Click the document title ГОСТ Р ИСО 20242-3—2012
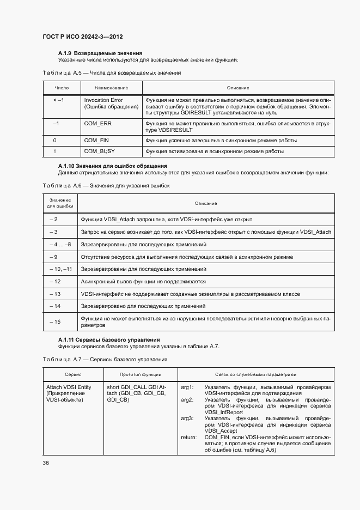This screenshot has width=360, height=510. tap(82, 37)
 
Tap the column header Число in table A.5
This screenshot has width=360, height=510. tap(62, 88)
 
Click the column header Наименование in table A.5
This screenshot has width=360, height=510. tap(111, 88)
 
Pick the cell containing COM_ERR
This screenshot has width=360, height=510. tap(97, 124)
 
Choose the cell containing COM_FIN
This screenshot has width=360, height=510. tap(97, 140)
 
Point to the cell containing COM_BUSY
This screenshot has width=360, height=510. tap(99, 151)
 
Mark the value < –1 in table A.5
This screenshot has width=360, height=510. tap(58, 100)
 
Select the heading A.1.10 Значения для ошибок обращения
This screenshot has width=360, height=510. tap(112, 166)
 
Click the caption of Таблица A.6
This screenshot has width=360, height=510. tap(106, 186)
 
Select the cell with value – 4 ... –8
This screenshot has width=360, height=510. tap(59, 244)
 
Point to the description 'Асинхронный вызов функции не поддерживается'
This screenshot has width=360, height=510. tap(143, 282)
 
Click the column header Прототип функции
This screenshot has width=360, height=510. tap(140, 375)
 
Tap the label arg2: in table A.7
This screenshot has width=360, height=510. tap(187, 400)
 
